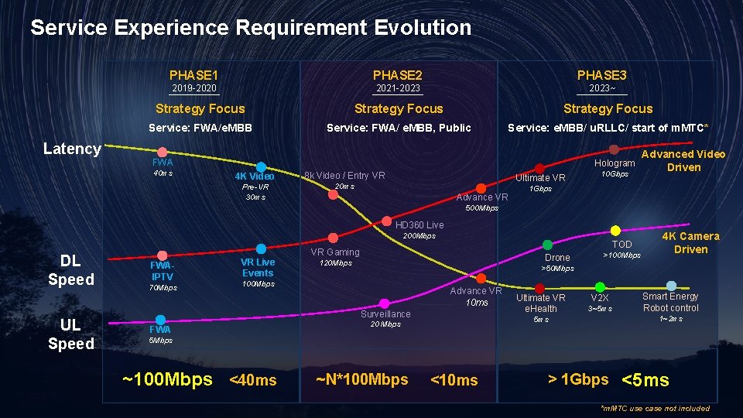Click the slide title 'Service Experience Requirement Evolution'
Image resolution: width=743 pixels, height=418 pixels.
(250, 28)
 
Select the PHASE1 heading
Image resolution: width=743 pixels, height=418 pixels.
(193, 75)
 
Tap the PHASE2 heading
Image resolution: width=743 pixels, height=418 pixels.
(397, 75)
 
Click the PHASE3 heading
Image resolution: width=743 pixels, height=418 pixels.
(601, 75)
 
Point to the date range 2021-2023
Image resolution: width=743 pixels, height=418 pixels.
(397, 89)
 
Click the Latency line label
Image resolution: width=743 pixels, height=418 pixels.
(71, 149)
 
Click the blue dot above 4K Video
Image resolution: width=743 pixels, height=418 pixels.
(262, 166)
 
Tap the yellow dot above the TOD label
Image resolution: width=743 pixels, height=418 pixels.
(615, 231)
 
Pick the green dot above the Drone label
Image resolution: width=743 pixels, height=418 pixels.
(548, 245)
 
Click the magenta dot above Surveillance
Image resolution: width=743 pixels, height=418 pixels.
(385, 303)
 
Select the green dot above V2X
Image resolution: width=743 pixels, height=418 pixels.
(600, 286)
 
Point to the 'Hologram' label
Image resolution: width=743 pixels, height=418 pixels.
(615, 163)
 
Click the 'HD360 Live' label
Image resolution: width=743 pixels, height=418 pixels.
(419, 225)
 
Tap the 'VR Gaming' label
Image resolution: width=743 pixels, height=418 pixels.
(335, 252)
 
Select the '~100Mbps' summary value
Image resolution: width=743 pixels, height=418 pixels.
(167, 379)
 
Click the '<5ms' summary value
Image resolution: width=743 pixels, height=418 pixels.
(645, 380)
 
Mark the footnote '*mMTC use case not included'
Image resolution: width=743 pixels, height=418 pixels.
(655, 408)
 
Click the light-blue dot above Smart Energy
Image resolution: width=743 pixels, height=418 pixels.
(671, 286)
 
